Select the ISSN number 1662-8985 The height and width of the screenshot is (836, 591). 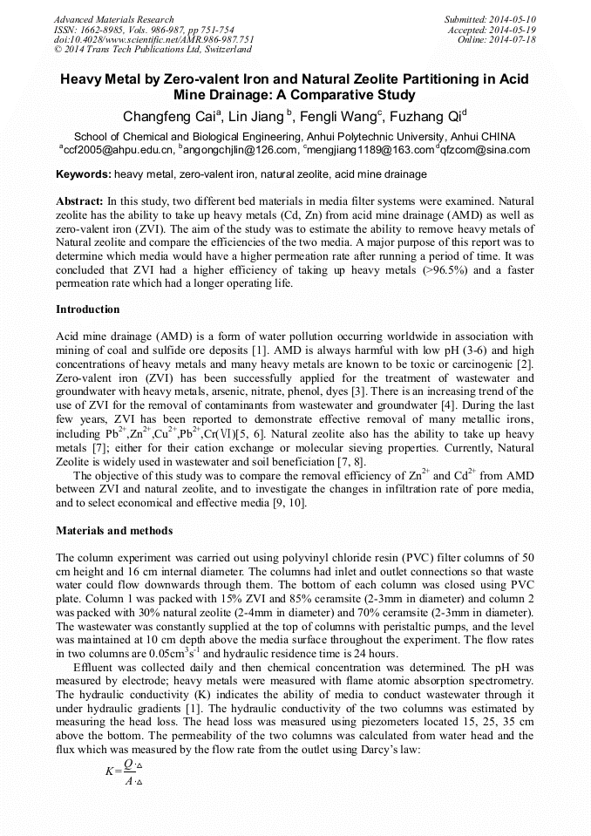tap(109, 30)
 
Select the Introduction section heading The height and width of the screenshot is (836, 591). tap(88, 309)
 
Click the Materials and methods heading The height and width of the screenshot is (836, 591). tap(114, 531)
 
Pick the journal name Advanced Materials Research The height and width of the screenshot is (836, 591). tap(114, 19)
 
